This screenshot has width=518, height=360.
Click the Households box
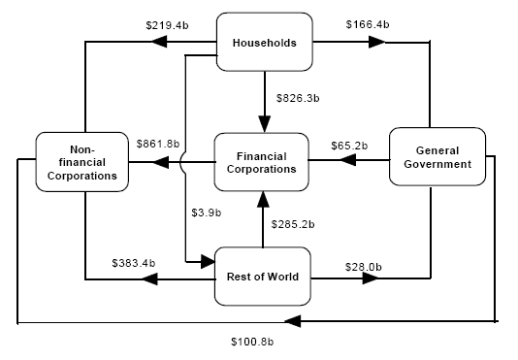click(x=264, y=43)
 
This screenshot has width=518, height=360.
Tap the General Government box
click(x=437, y=157)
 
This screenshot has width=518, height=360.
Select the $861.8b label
click(x=158, y=145)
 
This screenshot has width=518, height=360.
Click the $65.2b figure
click(x=348, y=145)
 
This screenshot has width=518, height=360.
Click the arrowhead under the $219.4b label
click(x=157, y=43)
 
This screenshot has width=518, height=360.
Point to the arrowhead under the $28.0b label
click(x=372, y=279)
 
